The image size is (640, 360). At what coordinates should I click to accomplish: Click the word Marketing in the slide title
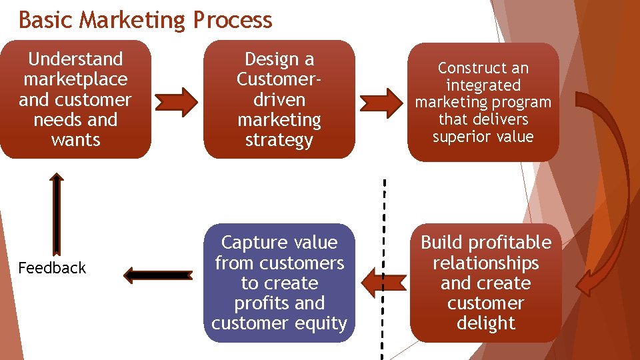point(133,20)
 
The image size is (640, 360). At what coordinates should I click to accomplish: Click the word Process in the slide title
point(232,20)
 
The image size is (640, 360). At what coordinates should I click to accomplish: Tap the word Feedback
point(52,268)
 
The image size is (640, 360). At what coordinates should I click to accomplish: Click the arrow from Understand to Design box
point(177,101)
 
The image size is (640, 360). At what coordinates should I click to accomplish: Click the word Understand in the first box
point(75,59)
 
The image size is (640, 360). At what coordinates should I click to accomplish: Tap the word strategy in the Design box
point(279,140)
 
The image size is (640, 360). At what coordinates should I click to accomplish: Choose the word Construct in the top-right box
point(483,68)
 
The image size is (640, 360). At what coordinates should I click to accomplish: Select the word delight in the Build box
point(485,323)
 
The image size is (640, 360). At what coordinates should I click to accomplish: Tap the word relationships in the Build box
point(485,263)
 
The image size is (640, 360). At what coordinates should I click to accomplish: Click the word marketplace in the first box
point(75,79)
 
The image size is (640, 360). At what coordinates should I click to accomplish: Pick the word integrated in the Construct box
point(483,85)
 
